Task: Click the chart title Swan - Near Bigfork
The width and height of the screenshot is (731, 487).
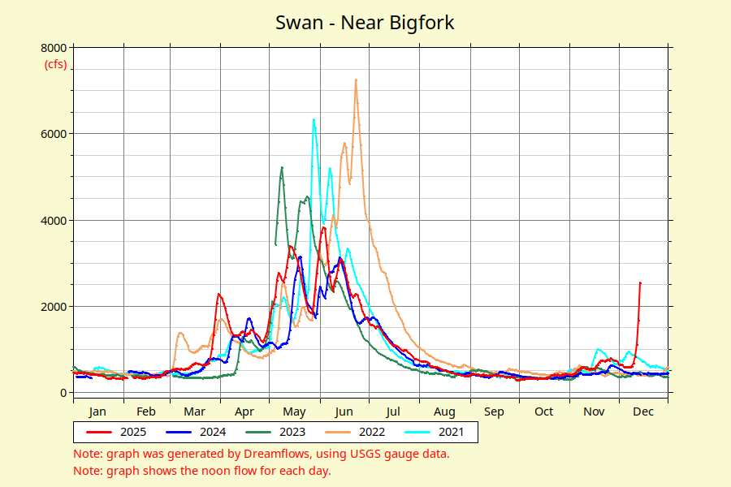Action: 365,23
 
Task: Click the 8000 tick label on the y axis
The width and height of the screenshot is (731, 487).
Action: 54,47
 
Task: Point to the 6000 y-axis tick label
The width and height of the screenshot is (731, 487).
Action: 54,133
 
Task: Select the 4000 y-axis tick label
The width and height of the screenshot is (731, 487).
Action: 54,220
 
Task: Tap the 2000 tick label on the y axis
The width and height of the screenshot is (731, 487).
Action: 54,306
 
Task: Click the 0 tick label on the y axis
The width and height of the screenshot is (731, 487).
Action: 63,393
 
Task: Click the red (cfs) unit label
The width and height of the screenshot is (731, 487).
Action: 55,64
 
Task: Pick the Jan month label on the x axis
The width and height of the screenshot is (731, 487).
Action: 97,412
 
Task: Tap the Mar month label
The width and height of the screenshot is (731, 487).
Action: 195,412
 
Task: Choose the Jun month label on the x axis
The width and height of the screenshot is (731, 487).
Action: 344,412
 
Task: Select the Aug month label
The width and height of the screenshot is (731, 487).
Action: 444,412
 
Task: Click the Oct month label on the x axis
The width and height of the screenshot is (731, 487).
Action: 544,412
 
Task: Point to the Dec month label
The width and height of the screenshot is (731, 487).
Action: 643,412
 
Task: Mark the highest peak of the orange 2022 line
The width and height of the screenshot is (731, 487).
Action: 356,80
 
